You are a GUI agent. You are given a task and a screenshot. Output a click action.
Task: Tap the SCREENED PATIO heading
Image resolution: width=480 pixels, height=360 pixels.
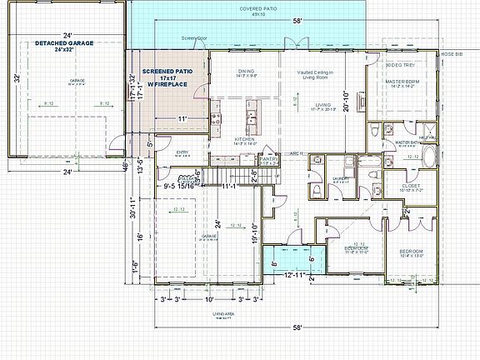[x=167, y=72]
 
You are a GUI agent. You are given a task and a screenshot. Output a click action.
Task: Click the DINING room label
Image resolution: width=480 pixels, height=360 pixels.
[x=246, y=72]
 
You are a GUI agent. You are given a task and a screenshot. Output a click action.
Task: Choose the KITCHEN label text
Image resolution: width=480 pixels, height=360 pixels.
[x=243, y=139]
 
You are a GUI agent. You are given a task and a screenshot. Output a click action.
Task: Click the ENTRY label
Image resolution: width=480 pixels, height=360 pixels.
[x=183, y=152]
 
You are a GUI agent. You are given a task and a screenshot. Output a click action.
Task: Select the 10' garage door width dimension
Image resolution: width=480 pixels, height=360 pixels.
[x=208, y=298]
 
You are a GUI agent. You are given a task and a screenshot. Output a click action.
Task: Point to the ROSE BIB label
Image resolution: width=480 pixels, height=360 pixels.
[x=452, y=53]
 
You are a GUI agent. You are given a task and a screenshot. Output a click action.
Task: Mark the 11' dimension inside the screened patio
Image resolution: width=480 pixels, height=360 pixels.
[x=182, y=119]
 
